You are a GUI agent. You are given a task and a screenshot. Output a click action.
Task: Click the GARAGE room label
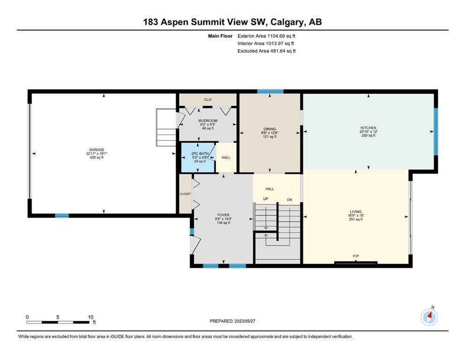[96, 150]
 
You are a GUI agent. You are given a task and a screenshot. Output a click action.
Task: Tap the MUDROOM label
[208, 121]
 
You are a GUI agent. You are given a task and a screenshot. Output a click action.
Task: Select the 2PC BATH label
[200, 154]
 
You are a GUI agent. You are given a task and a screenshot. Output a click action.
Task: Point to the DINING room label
[270, 129]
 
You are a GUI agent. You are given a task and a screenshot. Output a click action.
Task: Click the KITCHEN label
[369, 128]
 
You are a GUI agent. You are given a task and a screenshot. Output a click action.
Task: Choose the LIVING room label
[355, 212]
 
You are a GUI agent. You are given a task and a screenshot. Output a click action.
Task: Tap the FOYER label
[223, 215]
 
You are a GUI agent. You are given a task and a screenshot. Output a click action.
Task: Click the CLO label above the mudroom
[208, 100]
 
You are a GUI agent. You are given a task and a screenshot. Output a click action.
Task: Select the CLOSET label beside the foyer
[185, 194]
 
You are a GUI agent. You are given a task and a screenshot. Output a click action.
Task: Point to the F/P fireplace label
[356, 256]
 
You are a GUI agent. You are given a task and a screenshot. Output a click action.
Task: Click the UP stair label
[266, 199]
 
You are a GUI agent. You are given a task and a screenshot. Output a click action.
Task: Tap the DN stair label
[289, 200]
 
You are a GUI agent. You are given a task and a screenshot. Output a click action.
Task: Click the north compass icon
[429, 317]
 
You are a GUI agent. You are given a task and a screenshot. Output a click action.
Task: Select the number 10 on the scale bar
[90, 317]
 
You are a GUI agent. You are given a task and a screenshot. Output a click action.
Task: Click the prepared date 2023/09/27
[245, 321]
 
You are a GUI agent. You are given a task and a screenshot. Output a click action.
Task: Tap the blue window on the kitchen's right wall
[436, 131]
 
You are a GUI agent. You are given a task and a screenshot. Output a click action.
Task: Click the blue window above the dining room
[270, 91]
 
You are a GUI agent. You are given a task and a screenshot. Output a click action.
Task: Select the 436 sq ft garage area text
[96, 157]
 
